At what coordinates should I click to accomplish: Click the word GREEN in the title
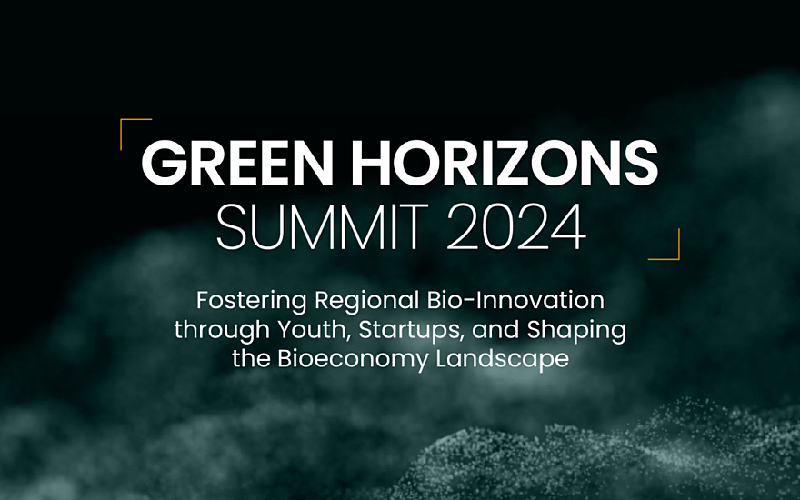point(237,164)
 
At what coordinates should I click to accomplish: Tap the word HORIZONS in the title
point(505,164)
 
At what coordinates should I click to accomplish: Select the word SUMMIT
point(323,227)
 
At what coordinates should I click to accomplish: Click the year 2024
point(516,227)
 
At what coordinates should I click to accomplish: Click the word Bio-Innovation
point(515,300)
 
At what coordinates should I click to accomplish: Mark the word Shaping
point(576,330)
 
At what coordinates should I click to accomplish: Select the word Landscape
point(503,359)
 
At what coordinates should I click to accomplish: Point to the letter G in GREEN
point(164,164)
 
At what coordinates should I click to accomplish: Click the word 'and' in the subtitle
point(495,330)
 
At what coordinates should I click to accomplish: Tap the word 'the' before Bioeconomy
point(251,359)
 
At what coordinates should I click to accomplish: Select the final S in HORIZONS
point(641,164)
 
